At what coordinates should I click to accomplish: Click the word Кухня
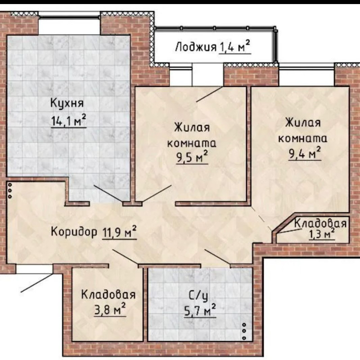(67, 103)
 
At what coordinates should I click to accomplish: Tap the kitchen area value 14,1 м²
(69, 120)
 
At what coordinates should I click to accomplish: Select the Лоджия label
(196, 47)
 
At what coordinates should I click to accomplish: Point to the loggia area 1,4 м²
(234, 47)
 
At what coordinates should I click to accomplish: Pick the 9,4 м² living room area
(305, 153)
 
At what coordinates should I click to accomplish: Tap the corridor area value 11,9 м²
(119, 232)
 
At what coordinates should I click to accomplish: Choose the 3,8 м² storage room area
(110, 310)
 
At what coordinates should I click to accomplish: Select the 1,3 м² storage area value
(322, 234)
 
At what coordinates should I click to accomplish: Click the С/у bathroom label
(198, 297)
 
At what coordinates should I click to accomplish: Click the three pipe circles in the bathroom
(244, 331)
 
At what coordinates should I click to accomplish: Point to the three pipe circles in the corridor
(10, 190)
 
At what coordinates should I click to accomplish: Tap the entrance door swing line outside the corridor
(37, 283)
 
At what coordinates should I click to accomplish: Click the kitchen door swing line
(108, 193)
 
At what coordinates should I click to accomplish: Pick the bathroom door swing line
(217, 256)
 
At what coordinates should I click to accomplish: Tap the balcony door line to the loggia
(209, 94)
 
